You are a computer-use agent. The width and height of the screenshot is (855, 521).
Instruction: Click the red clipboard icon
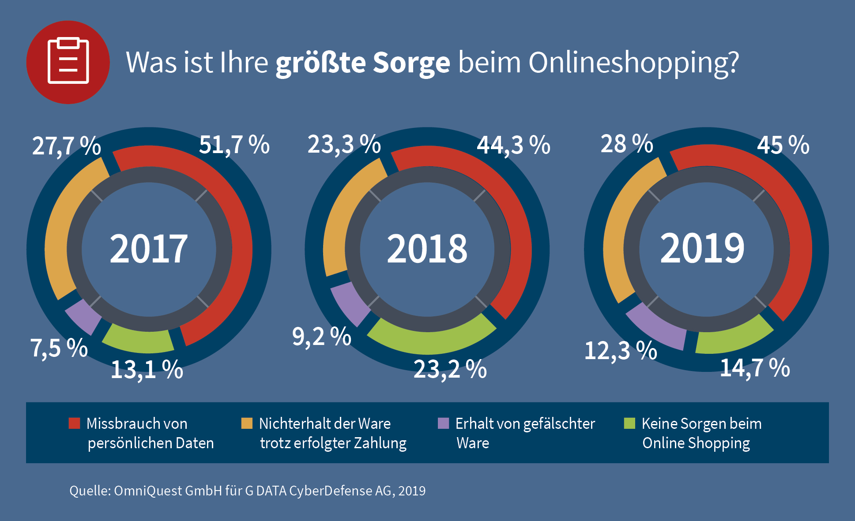(x=68, y=62)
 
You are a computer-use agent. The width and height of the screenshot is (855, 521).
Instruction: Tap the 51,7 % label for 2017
(x=234, y=145)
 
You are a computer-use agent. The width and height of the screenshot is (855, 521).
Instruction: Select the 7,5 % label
(x=59, y=348)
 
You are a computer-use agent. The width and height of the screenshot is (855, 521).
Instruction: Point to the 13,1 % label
(x=147, y=369)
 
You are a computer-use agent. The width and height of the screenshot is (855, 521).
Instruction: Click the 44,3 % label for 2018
(x=513, y=145)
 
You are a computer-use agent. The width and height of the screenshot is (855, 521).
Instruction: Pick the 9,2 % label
(x=321, y=337)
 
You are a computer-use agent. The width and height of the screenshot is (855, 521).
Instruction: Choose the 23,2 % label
(x=450, y=369)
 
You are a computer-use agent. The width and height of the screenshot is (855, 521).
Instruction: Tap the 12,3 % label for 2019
(x=621, y=351)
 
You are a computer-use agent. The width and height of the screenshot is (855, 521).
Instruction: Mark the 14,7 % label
(x=755, y=367)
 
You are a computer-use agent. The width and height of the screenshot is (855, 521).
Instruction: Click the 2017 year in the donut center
(x=149, y=249)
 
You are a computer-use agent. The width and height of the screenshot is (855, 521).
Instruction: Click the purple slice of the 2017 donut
(x=83, y=316)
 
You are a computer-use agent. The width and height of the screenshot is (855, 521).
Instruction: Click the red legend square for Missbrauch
(x=74, y=424)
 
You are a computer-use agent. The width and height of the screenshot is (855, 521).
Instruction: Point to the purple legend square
(x=443, y=424)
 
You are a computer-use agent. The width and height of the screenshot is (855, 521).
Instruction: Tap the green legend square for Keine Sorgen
(x=629, y=424)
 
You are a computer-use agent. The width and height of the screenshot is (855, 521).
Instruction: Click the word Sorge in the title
(x=411, y=63)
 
